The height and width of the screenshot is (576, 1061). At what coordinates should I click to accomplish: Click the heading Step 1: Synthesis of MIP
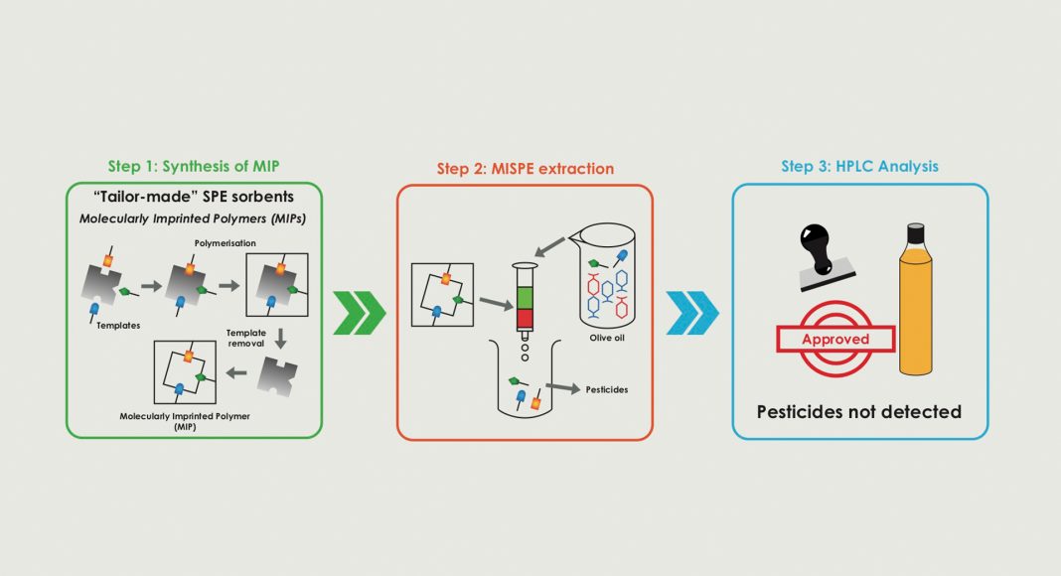195,166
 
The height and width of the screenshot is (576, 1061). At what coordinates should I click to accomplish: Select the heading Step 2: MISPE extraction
526,168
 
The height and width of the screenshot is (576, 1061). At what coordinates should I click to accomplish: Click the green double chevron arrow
360,313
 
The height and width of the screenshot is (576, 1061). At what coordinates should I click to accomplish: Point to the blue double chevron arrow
692,313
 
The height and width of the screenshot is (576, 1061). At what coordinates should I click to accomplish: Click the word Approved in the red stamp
834,340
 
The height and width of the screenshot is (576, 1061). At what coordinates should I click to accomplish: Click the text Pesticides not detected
859,411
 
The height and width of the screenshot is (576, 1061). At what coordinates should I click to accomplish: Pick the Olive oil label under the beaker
612,336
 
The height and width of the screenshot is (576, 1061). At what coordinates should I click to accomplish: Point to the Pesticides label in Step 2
607,390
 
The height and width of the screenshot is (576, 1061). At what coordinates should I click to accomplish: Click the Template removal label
245,339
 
